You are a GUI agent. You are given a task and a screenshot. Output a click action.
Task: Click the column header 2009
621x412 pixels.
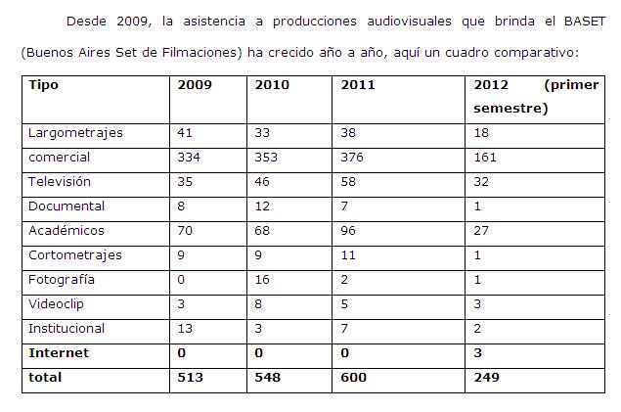(195, 85)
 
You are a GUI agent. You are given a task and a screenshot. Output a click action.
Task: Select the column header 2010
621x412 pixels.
(271, 85)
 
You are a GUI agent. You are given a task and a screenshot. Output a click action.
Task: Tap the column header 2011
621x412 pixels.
(358, 85)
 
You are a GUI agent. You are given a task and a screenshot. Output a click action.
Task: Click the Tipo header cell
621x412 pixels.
(43, 85)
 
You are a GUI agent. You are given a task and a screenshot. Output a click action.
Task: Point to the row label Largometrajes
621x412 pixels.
(75, 132)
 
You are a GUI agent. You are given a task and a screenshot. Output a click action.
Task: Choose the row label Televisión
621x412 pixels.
(60, 181)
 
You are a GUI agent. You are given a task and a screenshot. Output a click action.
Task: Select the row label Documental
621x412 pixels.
(67, 206)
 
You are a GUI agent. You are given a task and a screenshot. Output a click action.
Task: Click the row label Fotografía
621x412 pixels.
(62, 279)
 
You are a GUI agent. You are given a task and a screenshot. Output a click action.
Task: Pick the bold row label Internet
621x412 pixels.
(59, 352)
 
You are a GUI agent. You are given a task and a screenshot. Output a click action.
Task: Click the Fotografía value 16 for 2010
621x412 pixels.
(261, 279)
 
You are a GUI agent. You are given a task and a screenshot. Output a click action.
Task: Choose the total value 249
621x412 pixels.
(486, 377)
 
